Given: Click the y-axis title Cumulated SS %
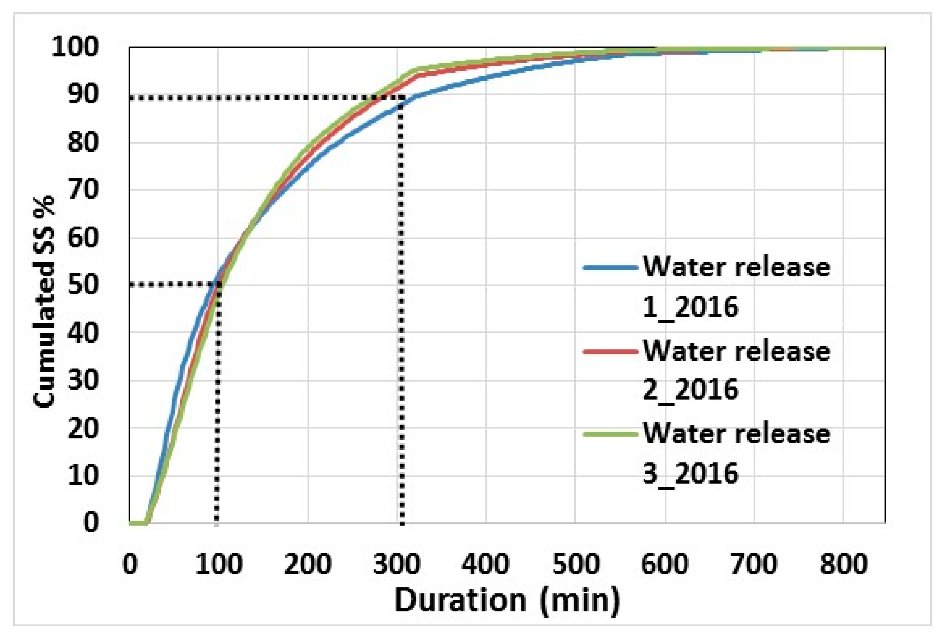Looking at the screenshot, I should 43,302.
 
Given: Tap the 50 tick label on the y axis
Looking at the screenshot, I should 83,285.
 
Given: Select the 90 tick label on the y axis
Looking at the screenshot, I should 83,94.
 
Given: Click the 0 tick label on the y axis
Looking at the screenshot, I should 91,522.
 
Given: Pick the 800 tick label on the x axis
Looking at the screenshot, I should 843,564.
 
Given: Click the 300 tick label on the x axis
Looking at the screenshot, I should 396,564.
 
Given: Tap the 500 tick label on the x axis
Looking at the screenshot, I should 575,564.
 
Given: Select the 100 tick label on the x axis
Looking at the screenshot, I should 218,564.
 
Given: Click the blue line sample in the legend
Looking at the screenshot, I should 610,268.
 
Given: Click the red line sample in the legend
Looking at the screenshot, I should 610,352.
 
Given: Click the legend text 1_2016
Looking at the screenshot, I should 690,308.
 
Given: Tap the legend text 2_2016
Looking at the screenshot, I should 690,390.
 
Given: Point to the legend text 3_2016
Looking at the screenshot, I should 690,474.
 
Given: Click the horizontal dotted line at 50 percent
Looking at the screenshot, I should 173,284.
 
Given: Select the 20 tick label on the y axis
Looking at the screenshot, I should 83,428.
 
